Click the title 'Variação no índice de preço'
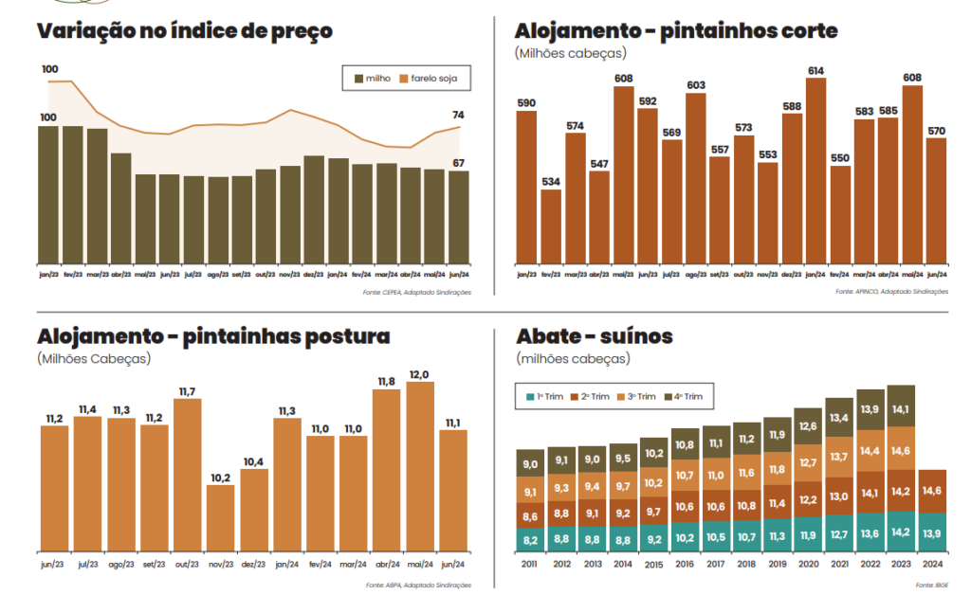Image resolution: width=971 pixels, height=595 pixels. tap(184, 30)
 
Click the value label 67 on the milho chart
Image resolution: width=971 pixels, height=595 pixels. tap(458, 163)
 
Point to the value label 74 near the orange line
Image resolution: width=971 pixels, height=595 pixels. tap(458, 115)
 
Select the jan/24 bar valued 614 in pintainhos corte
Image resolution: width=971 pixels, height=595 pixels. tap(815, 171)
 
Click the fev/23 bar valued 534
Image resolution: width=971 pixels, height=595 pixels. tap(551, 227)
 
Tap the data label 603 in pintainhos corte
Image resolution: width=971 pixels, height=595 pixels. tap(695, 85)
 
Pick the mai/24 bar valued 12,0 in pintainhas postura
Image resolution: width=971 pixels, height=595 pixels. tap(419, 466)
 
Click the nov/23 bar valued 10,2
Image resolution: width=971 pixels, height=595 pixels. tap(220, 517)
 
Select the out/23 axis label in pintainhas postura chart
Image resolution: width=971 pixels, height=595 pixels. tap(187, 562)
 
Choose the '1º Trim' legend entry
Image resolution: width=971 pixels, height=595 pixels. tap(543, 396)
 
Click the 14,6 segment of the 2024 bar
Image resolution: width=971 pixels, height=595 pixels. tap(931, 491)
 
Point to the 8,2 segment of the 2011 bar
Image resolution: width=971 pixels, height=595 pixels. tap(531, 540)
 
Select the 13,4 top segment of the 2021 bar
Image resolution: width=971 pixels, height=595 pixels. tap(839, 417)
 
